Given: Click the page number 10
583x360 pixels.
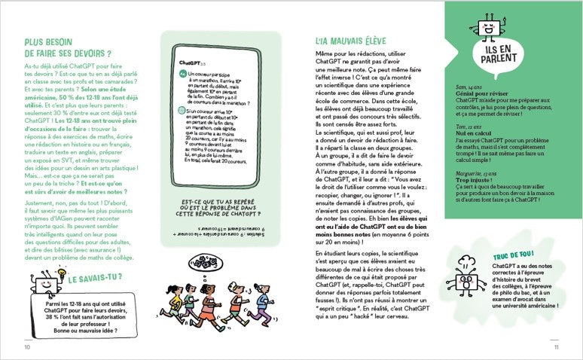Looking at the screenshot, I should point(27,347).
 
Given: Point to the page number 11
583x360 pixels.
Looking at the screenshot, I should point(556,347).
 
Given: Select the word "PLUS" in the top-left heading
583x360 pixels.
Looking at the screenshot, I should point(35,43).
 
